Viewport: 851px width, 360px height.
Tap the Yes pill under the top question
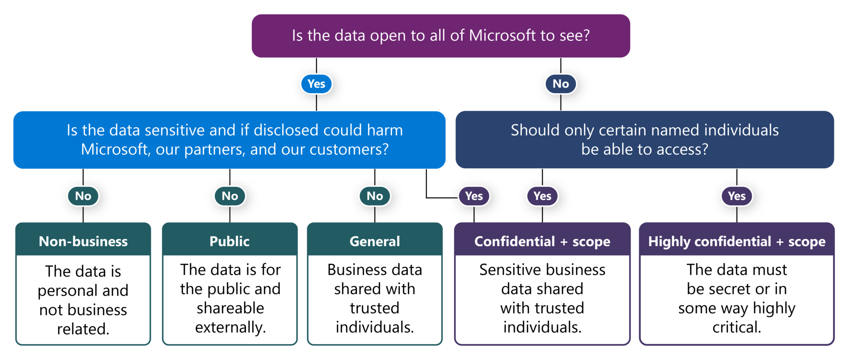click(x=316, y=84)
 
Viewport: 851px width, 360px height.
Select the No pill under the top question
click(x=561, y=84)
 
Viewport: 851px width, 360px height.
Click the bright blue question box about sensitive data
click(x=229, y=140)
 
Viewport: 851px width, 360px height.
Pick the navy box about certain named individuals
click(x=644, y=140)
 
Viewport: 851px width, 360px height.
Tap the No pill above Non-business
click(x=83, y=196)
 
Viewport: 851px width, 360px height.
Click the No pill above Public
click(x=230, y=196)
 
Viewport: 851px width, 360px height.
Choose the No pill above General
click(x=375, y=196)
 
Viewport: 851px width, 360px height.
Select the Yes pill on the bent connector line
click(x=474, y=196)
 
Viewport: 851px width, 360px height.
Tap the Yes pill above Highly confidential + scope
click(x=737, y=196)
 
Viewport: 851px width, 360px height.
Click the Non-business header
click(x=83, y=241)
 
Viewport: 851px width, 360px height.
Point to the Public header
click(x=229, y=241)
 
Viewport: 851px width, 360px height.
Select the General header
click(x=375, y=241)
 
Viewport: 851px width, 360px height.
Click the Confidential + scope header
click(x=542, y=241)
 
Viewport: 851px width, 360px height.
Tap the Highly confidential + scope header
click(x=737, y=241)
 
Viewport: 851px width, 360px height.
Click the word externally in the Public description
click(x=230, y=328)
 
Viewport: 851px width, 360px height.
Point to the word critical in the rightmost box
click(x=736, y=328)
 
